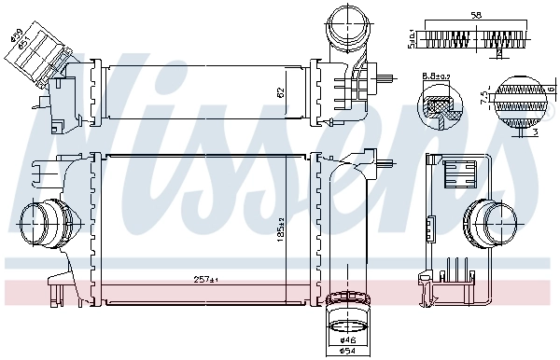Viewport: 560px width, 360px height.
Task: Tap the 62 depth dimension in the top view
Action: (280, 92)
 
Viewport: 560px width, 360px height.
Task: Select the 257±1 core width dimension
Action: (204, 280)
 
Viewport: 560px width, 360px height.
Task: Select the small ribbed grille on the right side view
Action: (459, 174)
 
